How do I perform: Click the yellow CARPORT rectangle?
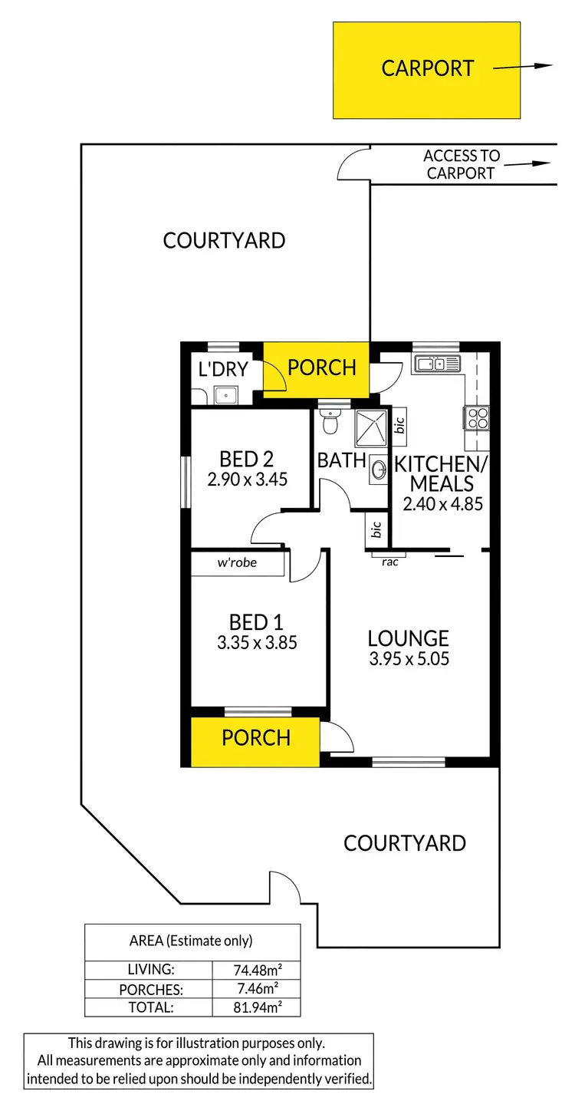(x=426, y=70)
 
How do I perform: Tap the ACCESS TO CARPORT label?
(x=461, y=164)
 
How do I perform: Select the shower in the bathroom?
(x=373, y=427)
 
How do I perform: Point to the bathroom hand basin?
(x=379, y=468)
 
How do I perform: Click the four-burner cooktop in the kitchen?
(x=476, y=418)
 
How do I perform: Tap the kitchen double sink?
(x=437, y=364)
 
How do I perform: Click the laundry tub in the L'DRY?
(x=226, y=395)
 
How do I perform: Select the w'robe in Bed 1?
(x=237, y=563)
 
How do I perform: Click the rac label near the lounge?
(x=389, y=562)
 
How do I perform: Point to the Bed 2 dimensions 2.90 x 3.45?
(x=246, y=480)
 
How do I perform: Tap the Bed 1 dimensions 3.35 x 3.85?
(x=257, y=641)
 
